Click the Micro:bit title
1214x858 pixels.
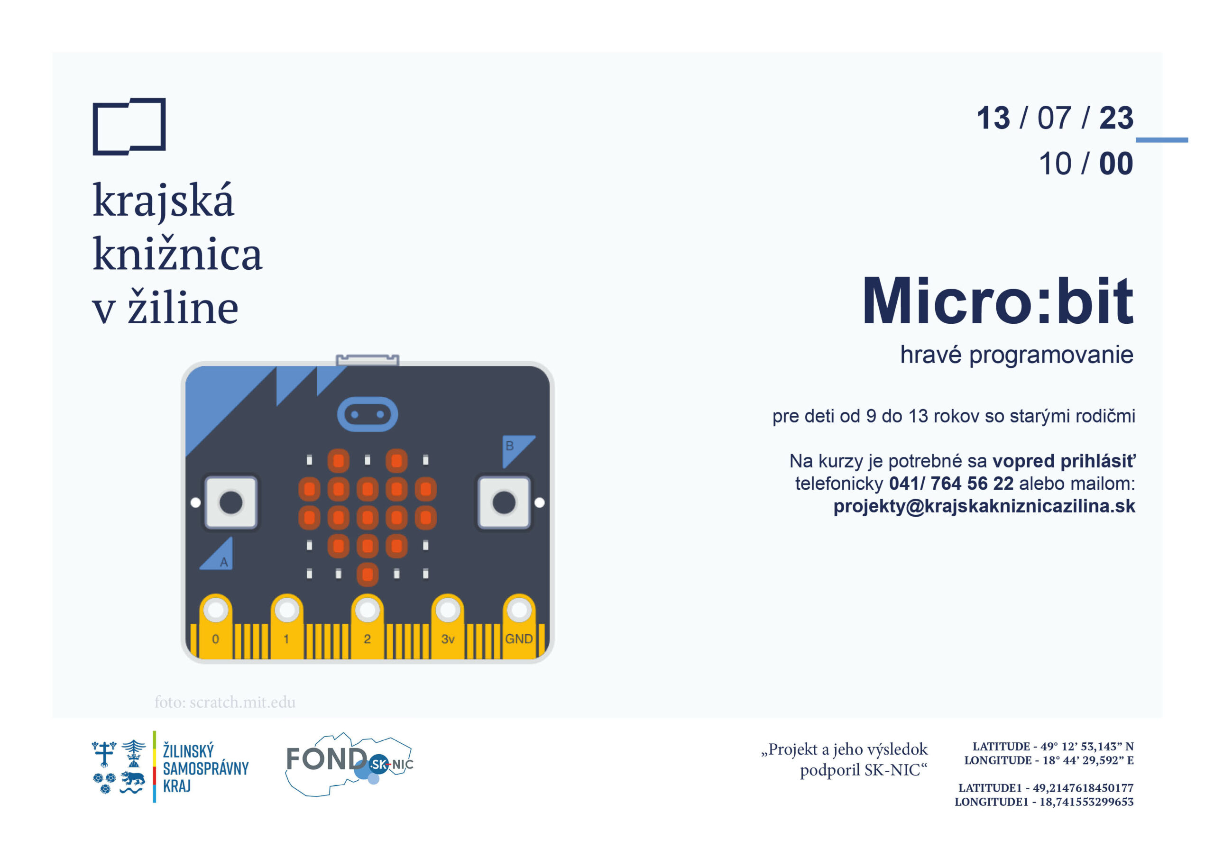[x=998, y=301]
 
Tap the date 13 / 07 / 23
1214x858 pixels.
[x=1055, y=118]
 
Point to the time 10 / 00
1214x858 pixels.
[x=1086, y=164]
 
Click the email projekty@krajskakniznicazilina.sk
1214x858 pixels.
[x=984, y=506]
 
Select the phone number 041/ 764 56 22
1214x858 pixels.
[x=951, y=483]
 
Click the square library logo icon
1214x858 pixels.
[x=129, y=127]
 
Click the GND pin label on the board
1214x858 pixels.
[x=519, y=639]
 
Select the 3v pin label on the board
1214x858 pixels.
[x=448, y=639]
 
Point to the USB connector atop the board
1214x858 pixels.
[x=368, y=360]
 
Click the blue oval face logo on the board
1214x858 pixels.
[x=368, y=414]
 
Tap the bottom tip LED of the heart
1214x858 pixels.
[x=368, y=574]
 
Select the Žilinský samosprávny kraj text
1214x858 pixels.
[x=205, y=767]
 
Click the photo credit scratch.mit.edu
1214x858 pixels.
[x=225, y=702]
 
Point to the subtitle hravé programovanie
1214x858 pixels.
[x=1017, y=355]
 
